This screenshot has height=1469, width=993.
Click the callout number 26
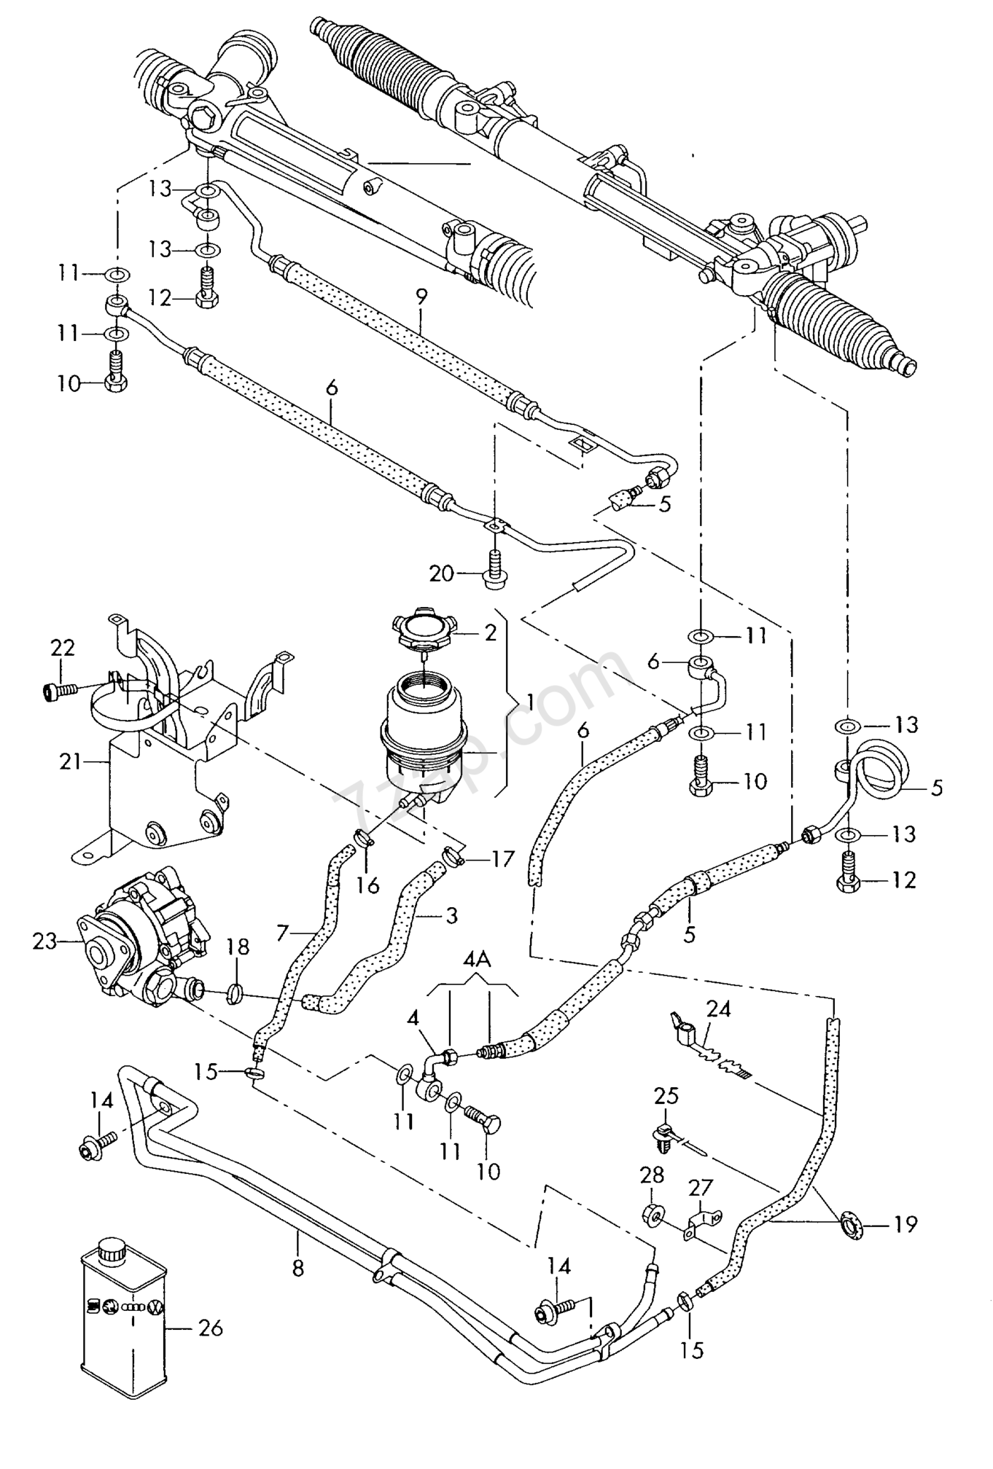pyautogui.click(x=211, y=1328)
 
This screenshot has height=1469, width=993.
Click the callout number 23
pyautogui.click(x=44, y=941)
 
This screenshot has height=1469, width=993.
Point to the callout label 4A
pyautogui.click(x=477, y=961)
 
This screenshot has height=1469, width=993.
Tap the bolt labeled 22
pyautogui.click(x=58, y=689)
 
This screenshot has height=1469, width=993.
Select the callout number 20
pyautogui.click(x=441, y=574)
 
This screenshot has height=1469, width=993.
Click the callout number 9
pyautogui.click(x=421, y=297)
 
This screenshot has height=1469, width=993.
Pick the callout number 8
pyautogui.click(x=297, y=1268)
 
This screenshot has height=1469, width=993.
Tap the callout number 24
pyautogui.click(x=718, y=1009)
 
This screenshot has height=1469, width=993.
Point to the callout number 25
pyautogui.click(x=666, y=1097)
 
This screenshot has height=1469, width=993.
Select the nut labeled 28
pyautogui.click(x=653, y=1214)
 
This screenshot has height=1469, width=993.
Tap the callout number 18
pyautogui.click(x=238, y=947)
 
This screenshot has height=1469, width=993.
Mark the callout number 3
pyautogui.click(x=451, y=915)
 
